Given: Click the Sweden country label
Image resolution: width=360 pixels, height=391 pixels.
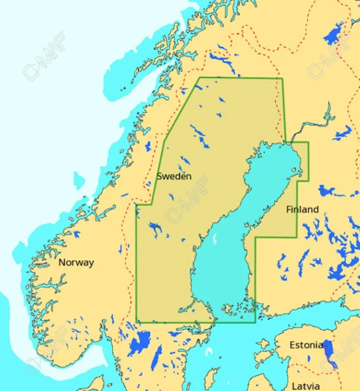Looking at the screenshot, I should pos(174,177).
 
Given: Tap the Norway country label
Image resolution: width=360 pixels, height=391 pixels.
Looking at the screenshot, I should pos(76,263).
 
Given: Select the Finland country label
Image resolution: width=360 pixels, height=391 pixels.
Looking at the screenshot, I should pos(303,210).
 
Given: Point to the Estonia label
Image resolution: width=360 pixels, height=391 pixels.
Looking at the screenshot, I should pos(306,345).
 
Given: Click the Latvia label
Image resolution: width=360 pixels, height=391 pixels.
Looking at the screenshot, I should pos(306,386).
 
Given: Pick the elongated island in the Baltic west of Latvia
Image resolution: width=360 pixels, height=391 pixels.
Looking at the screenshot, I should pos(212,378).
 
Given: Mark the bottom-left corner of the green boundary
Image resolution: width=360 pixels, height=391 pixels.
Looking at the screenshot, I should pos(137,321).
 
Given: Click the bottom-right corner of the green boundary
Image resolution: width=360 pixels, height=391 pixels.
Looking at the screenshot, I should pos(255,321).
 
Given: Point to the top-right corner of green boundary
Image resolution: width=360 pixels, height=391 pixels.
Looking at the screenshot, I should pos(281,79).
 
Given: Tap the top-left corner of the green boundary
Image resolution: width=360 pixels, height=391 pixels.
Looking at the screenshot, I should pos(199,78).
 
